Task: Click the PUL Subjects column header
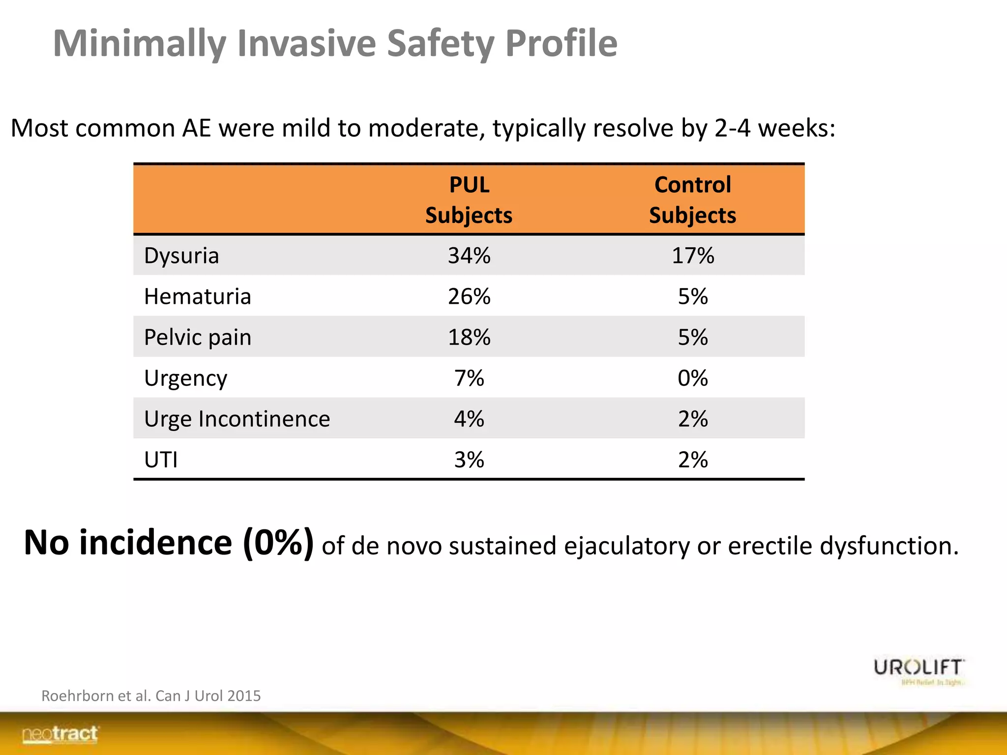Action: [469, 200]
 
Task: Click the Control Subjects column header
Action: [692, 200]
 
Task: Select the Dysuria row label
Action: [181, 256]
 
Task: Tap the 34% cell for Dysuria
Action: [469, 256]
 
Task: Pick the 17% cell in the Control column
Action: [693, 256]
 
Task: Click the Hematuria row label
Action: [197, 296]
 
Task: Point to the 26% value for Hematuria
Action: [469, 296]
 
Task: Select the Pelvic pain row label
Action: [197, 337]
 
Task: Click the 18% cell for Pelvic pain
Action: [469, 337]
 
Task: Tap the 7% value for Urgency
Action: [469, 378]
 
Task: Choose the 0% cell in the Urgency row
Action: [693, 378]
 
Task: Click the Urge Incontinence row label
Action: [237, 419]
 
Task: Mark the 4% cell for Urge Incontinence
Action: [469, 419]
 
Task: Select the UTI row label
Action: [161, 460]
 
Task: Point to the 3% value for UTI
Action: [469, 460]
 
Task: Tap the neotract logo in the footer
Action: [60, 734]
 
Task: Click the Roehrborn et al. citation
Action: [151, 696]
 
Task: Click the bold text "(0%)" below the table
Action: [278, 543]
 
